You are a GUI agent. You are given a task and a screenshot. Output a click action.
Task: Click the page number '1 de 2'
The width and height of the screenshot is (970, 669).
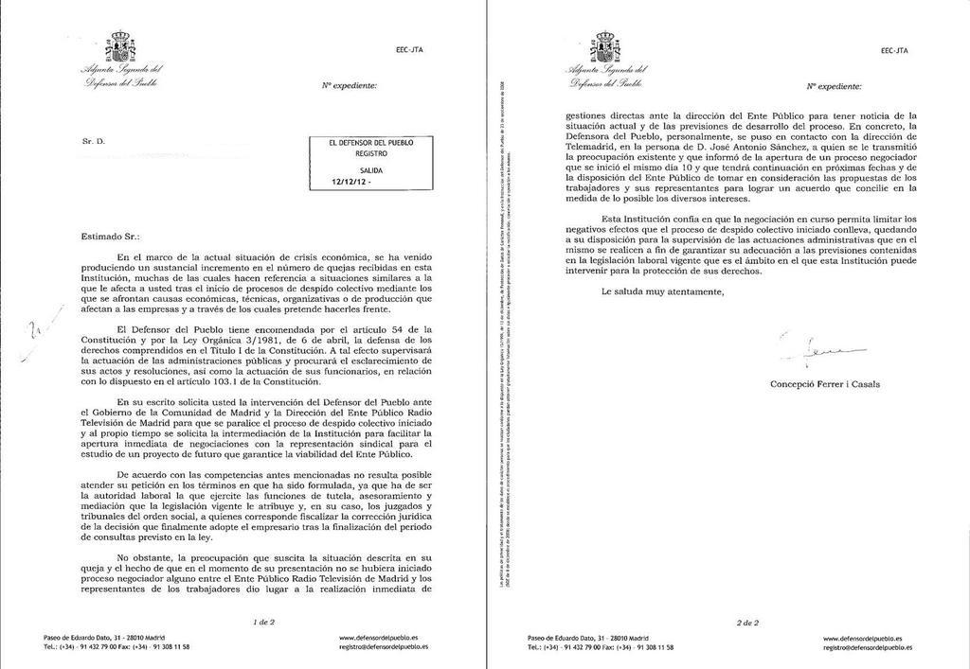point(264,622)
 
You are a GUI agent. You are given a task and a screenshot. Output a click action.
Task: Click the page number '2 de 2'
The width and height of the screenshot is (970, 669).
point(747,622)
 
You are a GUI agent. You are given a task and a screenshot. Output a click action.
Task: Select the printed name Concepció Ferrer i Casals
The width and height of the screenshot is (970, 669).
point(825,384)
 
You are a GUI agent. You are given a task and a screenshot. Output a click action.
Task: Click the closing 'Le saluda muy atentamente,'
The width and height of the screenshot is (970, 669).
point(661,291)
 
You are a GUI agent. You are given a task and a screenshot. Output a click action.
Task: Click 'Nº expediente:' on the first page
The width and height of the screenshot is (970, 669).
point(350,86)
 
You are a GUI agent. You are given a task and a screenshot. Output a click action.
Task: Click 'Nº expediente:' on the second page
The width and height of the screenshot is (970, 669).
point(835,86)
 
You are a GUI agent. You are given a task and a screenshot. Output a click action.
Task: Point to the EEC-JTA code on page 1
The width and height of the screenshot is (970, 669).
point(409,49)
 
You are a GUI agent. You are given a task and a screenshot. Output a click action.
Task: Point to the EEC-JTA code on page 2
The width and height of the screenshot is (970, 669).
point(894,49)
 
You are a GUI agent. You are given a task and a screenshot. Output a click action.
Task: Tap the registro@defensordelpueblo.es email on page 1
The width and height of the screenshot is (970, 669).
point(384,647)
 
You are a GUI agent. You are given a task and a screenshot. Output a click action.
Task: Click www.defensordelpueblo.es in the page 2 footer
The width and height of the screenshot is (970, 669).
point(862,639)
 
